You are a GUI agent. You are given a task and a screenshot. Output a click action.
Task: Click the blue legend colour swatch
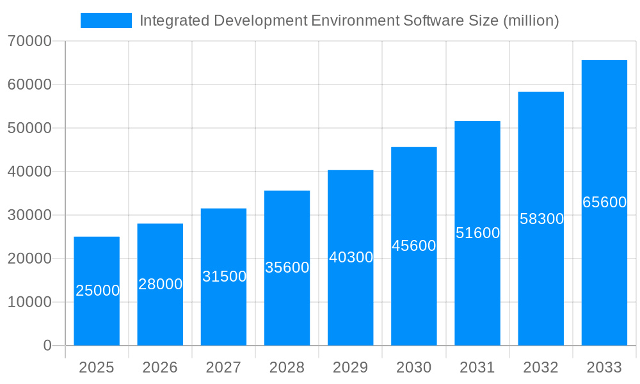(106, 20)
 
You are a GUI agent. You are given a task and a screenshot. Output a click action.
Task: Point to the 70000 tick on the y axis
(29, 41)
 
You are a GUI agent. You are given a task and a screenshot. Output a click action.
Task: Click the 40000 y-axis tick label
(29, 172)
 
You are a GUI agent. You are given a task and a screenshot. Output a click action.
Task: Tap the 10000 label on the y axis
(29, 302)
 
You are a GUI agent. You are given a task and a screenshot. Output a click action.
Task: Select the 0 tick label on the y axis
(47, 346)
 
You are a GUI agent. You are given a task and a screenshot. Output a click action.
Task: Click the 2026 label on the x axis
(160, 367)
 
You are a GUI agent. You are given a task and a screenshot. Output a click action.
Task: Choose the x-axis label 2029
(350, 367)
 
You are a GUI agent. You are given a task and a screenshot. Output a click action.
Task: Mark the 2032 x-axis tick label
(541, 367)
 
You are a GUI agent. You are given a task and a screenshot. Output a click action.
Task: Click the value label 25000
(97, 291)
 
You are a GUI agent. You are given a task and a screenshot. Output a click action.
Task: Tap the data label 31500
(224, 276)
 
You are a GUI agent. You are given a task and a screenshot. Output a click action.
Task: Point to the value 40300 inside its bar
(351, 257)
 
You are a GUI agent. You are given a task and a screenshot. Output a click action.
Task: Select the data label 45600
(413, 246)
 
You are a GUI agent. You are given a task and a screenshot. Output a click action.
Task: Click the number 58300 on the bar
(541, 219)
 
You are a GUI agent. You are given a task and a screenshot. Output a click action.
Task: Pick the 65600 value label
(604, 202)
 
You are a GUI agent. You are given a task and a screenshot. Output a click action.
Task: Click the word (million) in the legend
(531, 20)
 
